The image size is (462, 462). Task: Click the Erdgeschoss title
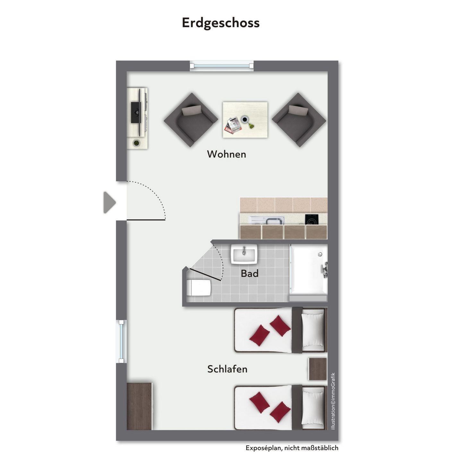click(x=220, y=23)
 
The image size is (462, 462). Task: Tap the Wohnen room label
click(x=227, y=154)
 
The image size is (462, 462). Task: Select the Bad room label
click(x=250, y=273)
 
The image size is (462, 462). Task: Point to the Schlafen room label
click(x=227, y=369)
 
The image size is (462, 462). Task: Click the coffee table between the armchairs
click(x=245, y=120)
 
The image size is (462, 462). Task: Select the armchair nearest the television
click(x=191, y=120)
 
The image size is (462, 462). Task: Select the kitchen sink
click(x=273, y=220)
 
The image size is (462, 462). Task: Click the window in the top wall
click(x=221, y=66)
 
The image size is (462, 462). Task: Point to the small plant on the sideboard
click(x=136, y=143)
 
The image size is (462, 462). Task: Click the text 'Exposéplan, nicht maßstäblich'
click(x=292, y=448)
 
